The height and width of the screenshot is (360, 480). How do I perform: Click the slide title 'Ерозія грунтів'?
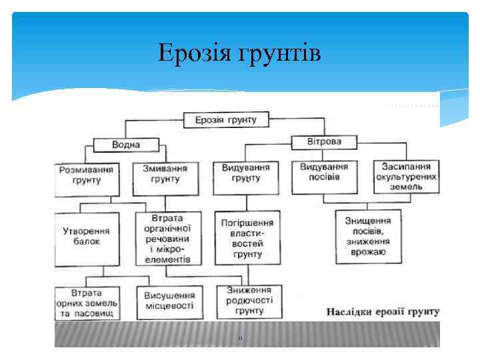[x=239, y=52]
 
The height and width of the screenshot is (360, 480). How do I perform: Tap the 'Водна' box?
[x=126, y=144]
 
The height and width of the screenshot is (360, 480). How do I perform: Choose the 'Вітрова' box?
[x=324, y=142]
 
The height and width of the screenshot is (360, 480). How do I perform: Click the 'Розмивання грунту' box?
[x=88, y=175]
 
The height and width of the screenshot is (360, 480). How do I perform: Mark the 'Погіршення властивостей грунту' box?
[x=246, y=238]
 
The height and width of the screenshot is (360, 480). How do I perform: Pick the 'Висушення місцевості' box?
[x=170, y=301]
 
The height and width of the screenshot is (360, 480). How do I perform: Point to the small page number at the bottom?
[x=240, y=339]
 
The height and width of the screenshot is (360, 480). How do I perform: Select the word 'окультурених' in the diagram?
[x=407, y=177]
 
